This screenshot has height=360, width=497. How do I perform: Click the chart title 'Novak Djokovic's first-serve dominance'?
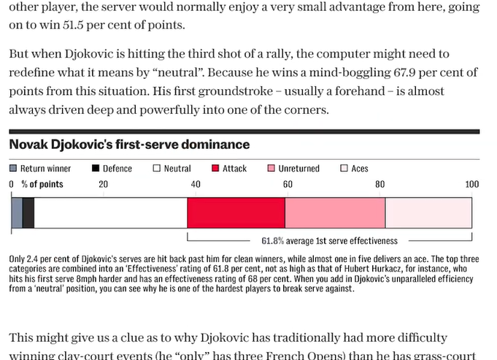[129, 145]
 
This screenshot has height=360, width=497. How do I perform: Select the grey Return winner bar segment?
[17, 213]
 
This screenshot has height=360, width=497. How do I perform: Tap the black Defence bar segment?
[28, 213]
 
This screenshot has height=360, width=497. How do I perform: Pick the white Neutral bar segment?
[110, 213]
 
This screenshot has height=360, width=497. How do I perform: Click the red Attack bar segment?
[236, 213]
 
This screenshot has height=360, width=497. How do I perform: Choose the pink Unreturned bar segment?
[334, 213]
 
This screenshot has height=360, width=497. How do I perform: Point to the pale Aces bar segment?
[428, 213]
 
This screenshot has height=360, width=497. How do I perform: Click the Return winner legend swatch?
[13, 169]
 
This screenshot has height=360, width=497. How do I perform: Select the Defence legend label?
[117, 169]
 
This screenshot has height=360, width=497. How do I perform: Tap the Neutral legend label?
[177, 169]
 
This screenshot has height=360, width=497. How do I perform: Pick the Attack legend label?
[234, 169]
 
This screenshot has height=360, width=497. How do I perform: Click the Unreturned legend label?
[298, 169]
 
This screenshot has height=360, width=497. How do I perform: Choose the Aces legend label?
[360, 169]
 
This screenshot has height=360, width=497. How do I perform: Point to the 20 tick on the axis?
[103, 185]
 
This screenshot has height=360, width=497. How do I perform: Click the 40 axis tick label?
[196, 185]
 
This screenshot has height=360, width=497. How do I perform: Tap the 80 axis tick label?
[380, 185]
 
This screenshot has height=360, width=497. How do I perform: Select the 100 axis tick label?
[471, 185]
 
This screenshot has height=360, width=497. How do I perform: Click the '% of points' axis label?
[42, 185]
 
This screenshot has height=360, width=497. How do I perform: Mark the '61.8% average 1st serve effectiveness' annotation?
[329, 240]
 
